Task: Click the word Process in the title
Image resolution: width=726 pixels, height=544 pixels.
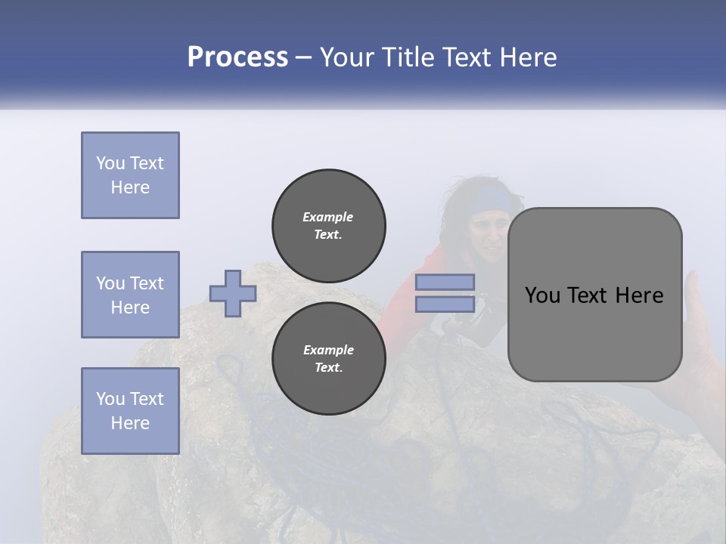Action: tap(237, 57)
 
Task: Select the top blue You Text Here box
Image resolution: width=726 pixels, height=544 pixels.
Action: tap(130, 175)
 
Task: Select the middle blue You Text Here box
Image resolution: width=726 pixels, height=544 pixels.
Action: tap(130, 295)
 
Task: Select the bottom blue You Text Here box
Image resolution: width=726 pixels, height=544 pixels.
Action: tap(130, 411)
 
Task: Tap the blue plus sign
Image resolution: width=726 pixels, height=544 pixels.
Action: tap(233, 293)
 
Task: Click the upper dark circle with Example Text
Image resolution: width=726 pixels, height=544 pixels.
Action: tap(328, 225)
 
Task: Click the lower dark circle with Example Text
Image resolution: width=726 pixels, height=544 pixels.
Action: tap(328, 358)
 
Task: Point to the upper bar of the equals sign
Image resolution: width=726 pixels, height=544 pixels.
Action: tap(445, 282)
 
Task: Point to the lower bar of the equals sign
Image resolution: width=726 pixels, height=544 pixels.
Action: tap(445, 304)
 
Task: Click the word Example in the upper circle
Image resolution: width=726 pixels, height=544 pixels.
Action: tap(327, 217)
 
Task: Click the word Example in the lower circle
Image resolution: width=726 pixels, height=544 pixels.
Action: tap(328, 350)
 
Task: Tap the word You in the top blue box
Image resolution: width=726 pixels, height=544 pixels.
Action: tap(110, 163)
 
